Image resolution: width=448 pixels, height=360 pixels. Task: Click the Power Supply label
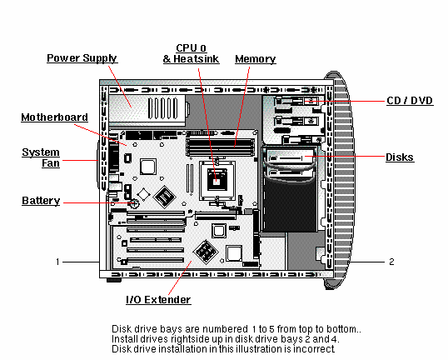point(82,58)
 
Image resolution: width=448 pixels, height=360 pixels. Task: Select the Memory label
point(256,59)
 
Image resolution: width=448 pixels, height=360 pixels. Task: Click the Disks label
point(401,157)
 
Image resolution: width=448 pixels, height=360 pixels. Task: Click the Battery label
point(39,201)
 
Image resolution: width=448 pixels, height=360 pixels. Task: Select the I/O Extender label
point(157,300)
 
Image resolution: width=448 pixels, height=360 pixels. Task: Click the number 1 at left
point(58,262)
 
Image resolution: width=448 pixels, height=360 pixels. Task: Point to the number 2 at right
point(391,262)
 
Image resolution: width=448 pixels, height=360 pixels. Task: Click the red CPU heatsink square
point(220,177)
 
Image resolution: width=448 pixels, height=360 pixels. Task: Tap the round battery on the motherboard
point(131,202)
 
